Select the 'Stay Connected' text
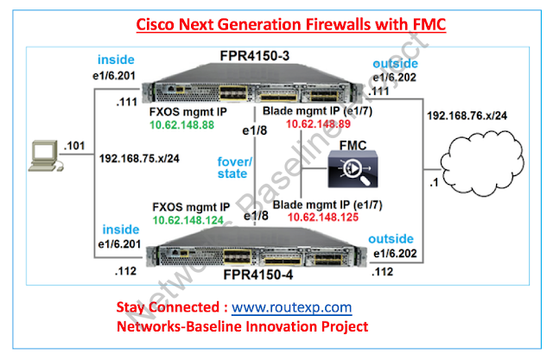[168, 306]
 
